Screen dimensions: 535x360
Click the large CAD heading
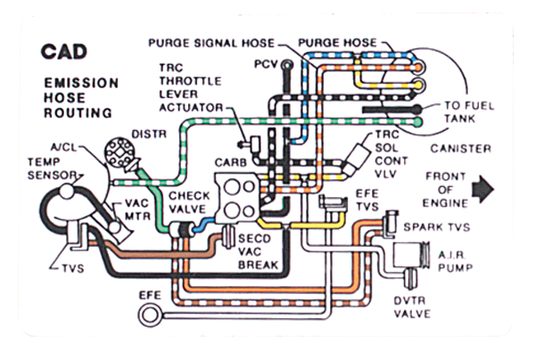64,52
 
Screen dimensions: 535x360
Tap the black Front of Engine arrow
482,189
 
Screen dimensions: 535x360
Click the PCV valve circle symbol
287,64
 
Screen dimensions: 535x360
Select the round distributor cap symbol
119,151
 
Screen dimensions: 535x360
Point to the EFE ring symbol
149,315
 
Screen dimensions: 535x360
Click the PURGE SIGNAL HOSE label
211,44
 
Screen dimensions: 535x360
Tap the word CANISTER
461,149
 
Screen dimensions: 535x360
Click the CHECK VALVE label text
189,202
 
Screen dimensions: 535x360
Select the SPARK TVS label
437,227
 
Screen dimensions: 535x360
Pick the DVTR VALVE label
412,307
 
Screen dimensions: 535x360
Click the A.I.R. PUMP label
455,261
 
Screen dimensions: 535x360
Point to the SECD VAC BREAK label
258,251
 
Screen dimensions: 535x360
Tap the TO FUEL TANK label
469,112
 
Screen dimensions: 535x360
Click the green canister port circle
417,122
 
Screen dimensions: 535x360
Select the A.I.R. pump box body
407,254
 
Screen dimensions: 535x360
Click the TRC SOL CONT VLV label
391,154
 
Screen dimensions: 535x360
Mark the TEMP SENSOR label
52,168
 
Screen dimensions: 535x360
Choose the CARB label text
231,162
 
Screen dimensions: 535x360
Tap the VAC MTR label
137,209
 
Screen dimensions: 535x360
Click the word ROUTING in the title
78,113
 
